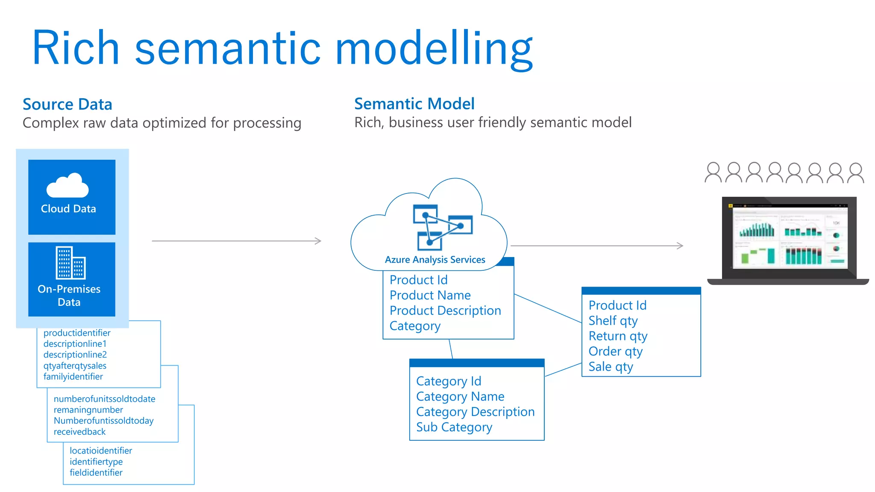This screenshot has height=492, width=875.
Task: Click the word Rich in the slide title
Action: click(76, 48)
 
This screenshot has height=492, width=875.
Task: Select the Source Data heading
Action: click(67, 104)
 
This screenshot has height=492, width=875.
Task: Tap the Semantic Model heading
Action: click(414, 104)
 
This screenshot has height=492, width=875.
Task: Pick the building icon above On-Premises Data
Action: click(70, 262)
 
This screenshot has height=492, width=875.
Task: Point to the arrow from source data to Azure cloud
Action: click(236, 241)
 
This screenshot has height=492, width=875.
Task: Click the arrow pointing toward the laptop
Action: click(596, 246)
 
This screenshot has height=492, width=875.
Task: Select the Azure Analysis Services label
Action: click(435, 260)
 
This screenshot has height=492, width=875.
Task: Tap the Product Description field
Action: click(445, 310)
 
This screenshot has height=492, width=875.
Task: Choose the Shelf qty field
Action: click(613, 321)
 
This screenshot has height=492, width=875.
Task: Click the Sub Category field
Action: click(454, 427)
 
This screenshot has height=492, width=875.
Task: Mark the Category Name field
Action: click(460, 396)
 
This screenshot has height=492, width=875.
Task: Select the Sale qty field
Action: click(610, 367)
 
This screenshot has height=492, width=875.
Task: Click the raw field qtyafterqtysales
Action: click(75, 366)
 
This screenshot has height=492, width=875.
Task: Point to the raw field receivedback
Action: click(79, 432)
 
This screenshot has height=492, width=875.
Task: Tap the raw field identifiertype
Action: click(96, 462)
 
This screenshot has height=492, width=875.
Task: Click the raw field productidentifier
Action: click(77, 333)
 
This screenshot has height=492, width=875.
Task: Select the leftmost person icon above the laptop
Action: click(713, 173)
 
